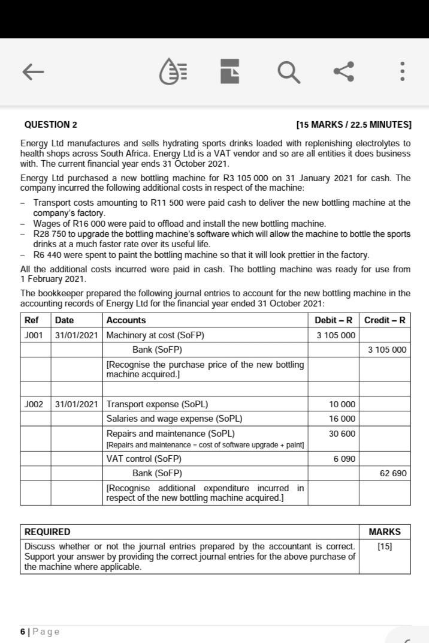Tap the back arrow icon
pyautogui.click(x=34, y=72)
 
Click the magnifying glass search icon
pyautogui.click(x=288, y=72)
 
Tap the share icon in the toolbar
pyautogui.click(x=343, y=71)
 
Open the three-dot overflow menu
pyautogui.click(x=402, y=72)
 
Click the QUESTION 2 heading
pyautogui.click(x=51, y=125)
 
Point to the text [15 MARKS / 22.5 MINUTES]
pyautogui.click(x=354, y=125)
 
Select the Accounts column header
pyautogui.click(x=126, y=320)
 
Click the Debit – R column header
pyautogui.click(x=333, y=320)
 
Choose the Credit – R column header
pyautogui.click(x=385, y=320)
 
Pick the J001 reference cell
pyautogui.click(x=34, y=335)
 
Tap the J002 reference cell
pyautogui.click(x=34, y=404)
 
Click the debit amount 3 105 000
pyautogui.click(x=336, y=335)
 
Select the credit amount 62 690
pyautogui.click(x=393, y=473)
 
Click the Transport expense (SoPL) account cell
pyautogui.click(x=157, y=404)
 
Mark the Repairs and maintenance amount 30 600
pyautogui.click(x=342, y=433)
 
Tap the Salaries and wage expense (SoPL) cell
pyautogui.click(x=174, y=419)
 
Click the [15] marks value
pyautogui.click(x=384, y=546)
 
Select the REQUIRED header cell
pyautogui.click(x=47, y=532)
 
